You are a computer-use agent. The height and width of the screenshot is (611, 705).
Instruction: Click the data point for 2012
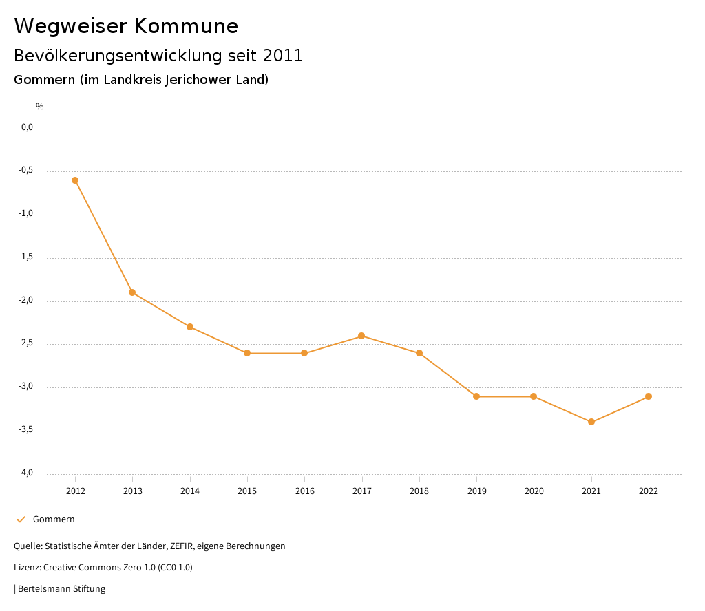click(75, 180)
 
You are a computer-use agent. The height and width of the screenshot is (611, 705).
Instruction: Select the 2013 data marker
click(132, 292)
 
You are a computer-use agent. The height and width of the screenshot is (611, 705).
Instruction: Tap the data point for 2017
click(361, 336)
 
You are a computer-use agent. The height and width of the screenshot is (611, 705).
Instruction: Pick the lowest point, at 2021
click(591, 422)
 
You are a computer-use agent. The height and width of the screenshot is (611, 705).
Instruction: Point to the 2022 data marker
click(649, 396)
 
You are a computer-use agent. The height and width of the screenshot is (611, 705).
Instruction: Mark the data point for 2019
click(476, 396)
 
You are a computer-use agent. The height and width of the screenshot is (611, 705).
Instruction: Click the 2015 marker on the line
click(247, 353)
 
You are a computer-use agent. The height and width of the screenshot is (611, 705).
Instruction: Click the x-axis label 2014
click(190, 491)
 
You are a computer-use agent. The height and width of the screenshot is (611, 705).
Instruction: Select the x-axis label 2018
click(419, 491)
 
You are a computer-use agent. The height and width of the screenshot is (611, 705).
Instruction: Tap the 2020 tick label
click(534, 491)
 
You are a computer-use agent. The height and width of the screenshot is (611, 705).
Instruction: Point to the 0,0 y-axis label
click(27, 127)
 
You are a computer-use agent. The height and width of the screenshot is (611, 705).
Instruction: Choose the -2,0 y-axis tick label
click(26, 301)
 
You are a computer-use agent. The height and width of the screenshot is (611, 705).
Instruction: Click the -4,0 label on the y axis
click(26, 473)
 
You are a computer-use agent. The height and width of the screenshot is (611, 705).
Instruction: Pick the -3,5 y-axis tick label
click(26, 430)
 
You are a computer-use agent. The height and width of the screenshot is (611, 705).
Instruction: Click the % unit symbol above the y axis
click(40, 107)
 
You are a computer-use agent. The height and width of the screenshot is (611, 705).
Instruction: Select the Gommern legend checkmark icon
click(21, 519)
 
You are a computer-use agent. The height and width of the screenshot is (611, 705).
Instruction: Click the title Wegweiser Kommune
click(126, 26)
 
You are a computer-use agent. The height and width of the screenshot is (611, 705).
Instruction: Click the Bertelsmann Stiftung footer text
click(61, 589)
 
